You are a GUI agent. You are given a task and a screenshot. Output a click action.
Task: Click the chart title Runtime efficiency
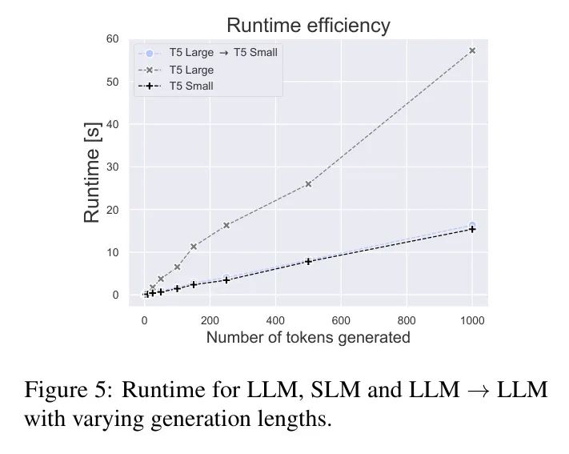308,26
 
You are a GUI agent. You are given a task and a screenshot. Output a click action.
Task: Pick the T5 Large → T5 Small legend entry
222,53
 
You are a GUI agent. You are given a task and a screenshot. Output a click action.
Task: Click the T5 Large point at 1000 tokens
472,50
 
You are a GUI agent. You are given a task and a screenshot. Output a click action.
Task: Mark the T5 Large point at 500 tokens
308,184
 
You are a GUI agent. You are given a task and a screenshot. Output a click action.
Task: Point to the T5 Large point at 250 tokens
226,225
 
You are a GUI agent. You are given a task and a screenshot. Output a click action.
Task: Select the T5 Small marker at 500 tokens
308,261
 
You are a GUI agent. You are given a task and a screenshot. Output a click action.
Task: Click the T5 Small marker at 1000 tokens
472,229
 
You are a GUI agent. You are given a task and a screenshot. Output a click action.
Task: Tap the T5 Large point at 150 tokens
194,247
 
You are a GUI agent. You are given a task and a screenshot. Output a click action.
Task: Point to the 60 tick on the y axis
112,39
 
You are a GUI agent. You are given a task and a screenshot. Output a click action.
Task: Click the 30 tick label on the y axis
112,167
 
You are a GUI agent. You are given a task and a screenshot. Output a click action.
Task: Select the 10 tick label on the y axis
112,252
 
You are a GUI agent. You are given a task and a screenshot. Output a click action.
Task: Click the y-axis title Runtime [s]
92,169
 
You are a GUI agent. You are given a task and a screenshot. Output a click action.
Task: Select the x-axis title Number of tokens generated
308,337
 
